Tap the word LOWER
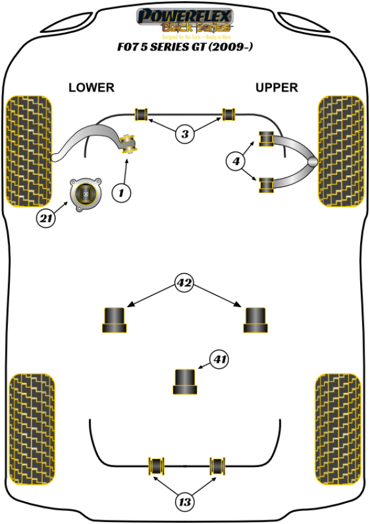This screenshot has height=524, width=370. tap(91, 88)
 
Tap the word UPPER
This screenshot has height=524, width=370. tap(276, 88)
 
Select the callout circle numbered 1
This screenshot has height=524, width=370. tap(121, 193)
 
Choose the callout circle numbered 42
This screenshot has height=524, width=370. tap(184, 284)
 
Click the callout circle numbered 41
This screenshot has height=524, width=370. tap(220, 359)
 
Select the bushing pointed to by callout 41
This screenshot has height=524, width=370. tap(184, 381)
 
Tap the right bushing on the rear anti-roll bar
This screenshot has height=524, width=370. tap(217, 465)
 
